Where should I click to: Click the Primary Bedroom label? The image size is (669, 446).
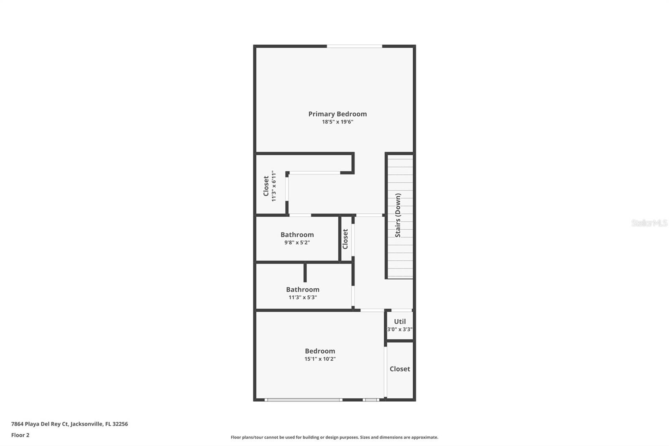pyautogui.click(x=337, y=114)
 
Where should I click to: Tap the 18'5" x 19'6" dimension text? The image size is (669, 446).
pyautogui.click(x=337, y=122)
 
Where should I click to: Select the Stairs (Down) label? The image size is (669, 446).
pyautogui.click(x=398, y=215)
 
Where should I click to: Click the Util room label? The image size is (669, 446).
pyautogui.click(x=400, y=321)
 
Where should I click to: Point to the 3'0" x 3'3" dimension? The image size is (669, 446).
pyautogui.click(x=400, y=329)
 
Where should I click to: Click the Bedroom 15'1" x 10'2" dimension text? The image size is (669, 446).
pyautogui.click(x=320, y=359)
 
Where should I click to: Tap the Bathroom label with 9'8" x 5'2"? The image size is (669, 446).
pyautogui.click(x=297, y=235)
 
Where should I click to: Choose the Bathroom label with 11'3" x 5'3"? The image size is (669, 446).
pyautogui.click(x=302, y=290)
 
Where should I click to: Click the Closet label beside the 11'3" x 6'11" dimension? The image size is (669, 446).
pyautogui.click(x=266, y=186)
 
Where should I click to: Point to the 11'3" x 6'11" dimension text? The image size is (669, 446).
pyautogui.click(x=274, y=186)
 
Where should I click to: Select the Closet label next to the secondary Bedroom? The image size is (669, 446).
pyautogui.click(x=400, y=369)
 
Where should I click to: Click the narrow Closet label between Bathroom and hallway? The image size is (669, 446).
pyautogui.click(x=345, y=239)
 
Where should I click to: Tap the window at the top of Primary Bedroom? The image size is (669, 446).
pyautogui.click(x=354, y=46)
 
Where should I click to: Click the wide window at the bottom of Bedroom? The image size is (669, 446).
pyautogui.click(x=303, y=400)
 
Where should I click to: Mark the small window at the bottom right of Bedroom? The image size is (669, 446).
pyautogui.click(x=371, y=400)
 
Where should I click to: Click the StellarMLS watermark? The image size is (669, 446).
pyautogui.click(x=649, y=223)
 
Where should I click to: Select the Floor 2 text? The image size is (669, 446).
pyautogui.click(x=20, y=435)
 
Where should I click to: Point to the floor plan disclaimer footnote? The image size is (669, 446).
pyautogui.click(x=334, y=437)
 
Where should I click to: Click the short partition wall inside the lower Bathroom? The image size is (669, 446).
pyautogui.click(x=305, y=272)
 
